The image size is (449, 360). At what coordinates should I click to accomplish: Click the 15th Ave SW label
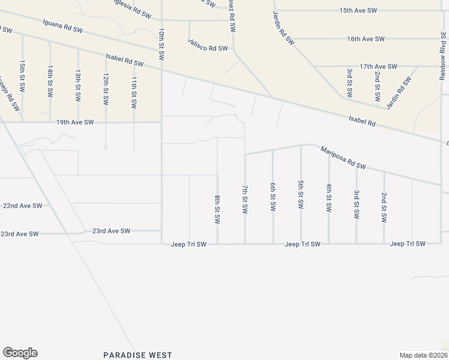[358, 11]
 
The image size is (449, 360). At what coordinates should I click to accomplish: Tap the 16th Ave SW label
[365, 39]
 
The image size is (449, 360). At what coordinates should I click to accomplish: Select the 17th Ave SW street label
[378, 67]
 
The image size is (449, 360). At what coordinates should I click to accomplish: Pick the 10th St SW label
[161, 44]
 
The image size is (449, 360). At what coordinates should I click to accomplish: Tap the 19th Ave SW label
[75, 122]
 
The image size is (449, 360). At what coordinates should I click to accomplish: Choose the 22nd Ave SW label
[23, 205]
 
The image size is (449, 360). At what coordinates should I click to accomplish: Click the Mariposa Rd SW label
[343, 157]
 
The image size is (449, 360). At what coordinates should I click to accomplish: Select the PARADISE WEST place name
[137, 355]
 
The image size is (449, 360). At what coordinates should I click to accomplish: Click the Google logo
[20, 353]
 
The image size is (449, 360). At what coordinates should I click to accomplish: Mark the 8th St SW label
[217, 208]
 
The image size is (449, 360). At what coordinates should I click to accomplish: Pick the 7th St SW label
[245, 200]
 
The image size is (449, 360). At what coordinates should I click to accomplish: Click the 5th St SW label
[301, 194]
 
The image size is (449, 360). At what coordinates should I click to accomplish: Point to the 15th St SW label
[22, 75]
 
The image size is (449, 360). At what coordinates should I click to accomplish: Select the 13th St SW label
[78, 84]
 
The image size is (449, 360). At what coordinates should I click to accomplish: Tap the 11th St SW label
[134, 92]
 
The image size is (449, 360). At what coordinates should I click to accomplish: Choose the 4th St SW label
[329, 197]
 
